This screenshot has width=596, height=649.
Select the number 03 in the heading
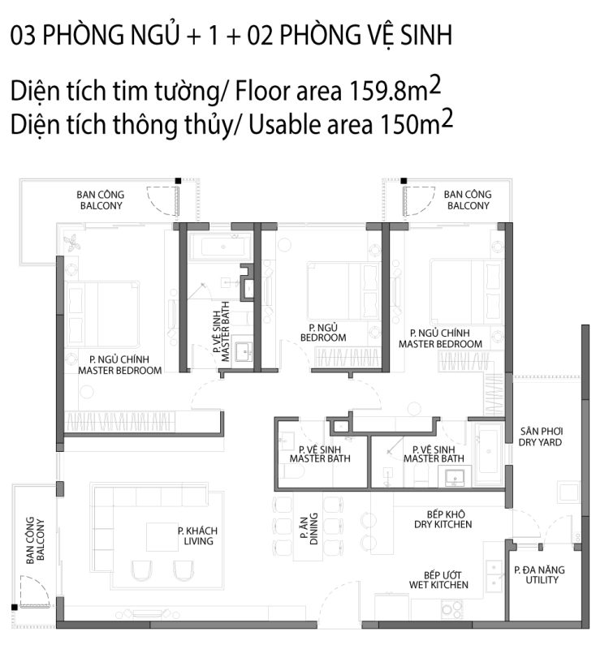(23, 35)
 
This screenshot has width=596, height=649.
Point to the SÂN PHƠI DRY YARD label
(541, 436)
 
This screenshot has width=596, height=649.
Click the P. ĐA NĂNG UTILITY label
(540, 574)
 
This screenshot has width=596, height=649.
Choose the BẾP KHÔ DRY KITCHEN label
(443, 519)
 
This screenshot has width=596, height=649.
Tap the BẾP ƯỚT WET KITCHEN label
(439, 580)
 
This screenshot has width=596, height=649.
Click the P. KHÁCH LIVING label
(197, 535)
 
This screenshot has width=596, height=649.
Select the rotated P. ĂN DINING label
(309, 529)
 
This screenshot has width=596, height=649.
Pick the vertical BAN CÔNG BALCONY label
(35, 540)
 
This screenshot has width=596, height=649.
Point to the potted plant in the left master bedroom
(73, 243)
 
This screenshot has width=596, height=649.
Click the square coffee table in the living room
(162, 537)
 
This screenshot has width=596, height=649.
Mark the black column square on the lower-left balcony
(15, 607)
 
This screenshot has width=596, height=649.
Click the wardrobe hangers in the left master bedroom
(120, 422)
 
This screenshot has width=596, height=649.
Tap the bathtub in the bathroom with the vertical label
(221, 247)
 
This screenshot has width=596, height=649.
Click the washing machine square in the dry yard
(569, 492)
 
